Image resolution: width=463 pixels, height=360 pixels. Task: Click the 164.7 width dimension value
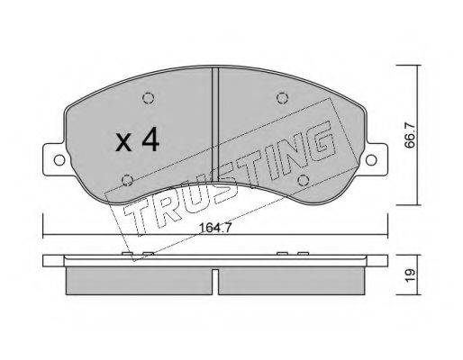(x=215, y=229)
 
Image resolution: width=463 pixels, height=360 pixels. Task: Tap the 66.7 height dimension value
(x=409, y=135)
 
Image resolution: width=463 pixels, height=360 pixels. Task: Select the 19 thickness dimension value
(x=410, y=274)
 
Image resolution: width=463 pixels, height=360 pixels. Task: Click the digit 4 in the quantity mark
(x=150, y=139)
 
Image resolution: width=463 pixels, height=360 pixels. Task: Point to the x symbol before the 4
(x=123, y=142)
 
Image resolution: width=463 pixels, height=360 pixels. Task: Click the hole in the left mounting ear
(x=59, y=160)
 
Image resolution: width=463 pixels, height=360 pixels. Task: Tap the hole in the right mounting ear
(x=371, y=160)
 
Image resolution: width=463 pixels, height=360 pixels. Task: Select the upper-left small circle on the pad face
(x=149, y=98)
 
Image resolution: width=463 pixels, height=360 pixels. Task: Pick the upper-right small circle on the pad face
(x=282, y=98)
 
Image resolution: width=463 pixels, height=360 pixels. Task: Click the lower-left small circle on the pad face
(x=128, y=180)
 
